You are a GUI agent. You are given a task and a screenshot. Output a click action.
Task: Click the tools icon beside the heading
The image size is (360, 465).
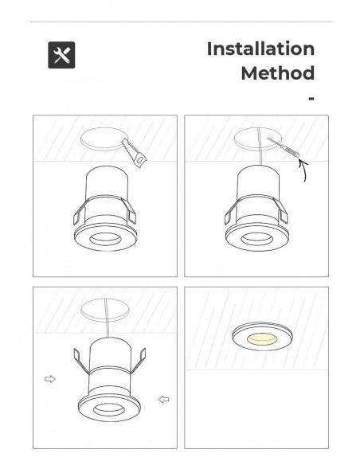pos(61,55)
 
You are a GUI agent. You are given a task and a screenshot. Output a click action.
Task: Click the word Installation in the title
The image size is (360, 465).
pos(260,49)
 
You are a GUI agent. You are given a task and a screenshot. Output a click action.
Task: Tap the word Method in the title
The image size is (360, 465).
pos(277,73)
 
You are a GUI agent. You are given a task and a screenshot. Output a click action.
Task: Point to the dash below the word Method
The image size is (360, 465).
pos(311,99)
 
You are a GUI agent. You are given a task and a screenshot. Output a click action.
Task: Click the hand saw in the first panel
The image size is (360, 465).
pos(134,154)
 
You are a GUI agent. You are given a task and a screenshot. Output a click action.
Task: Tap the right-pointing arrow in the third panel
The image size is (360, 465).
pos(50,379)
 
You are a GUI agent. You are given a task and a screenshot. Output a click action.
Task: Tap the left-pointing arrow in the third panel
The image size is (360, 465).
pos(164,400)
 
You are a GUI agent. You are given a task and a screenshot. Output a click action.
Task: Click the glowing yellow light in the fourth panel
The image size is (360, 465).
pos(262,338)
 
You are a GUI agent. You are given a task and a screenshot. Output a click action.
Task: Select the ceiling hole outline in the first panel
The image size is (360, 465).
pos(102,139)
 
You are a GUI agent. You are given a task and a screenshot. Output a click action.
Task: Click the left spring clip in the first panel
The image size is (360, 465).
pos(80,212)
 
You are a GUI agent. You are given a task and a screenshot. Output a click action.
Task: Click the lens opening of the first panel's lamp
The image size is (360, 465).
pos(105,239)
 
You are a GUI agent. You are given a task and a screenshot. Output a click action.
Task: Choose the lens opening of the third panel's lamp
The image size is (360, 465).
pos(109,410)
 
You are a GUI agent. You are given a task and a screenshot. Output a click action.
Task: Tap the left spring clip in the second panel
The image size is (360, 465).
pos(231,212)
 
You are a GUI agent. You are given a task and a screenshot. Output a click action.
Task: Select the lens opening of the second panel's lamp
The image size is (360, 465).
pos(256,239)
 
